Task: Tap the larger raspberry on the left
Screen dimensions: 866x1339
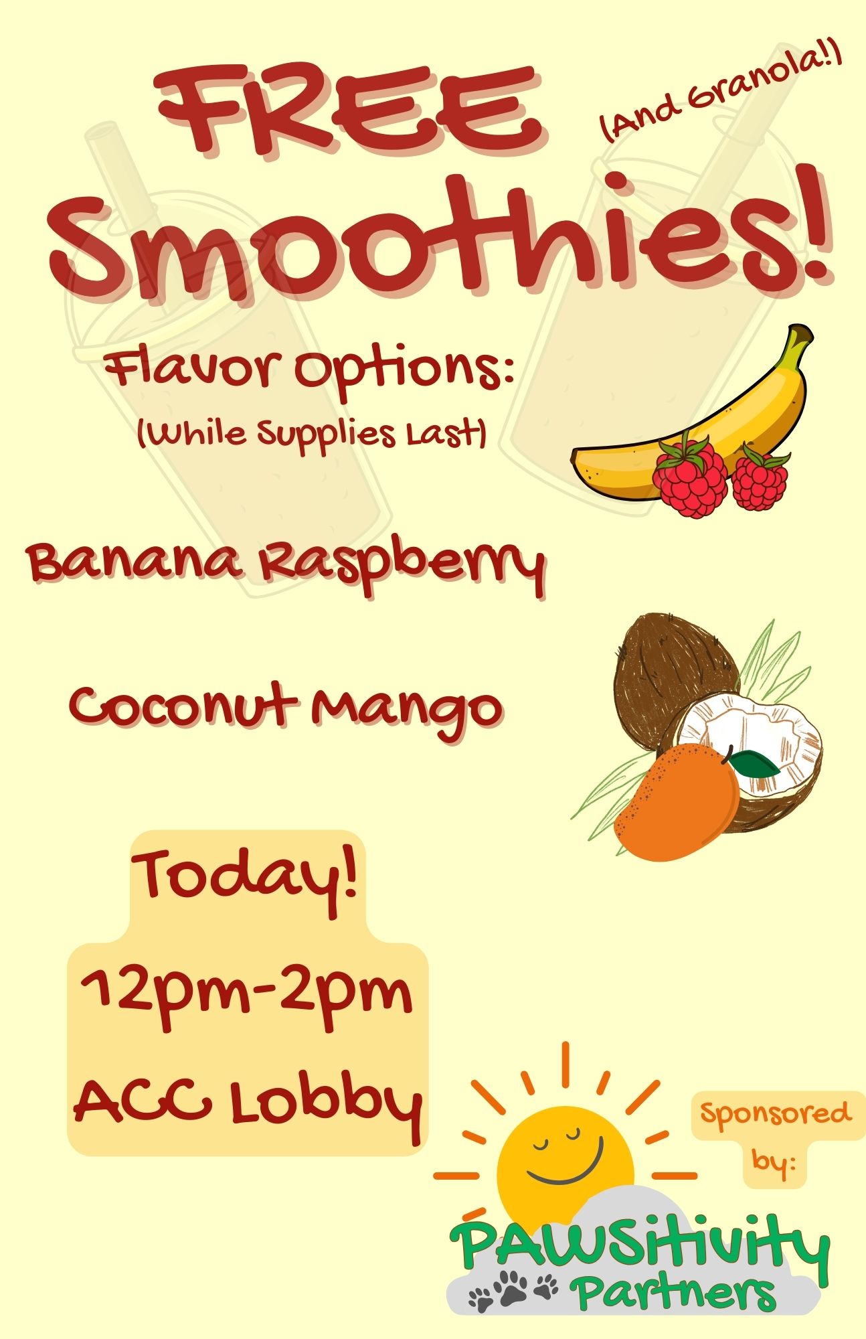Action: point(689,475)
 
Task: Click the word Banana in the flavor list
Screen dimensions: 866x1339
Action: point(134,562)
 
